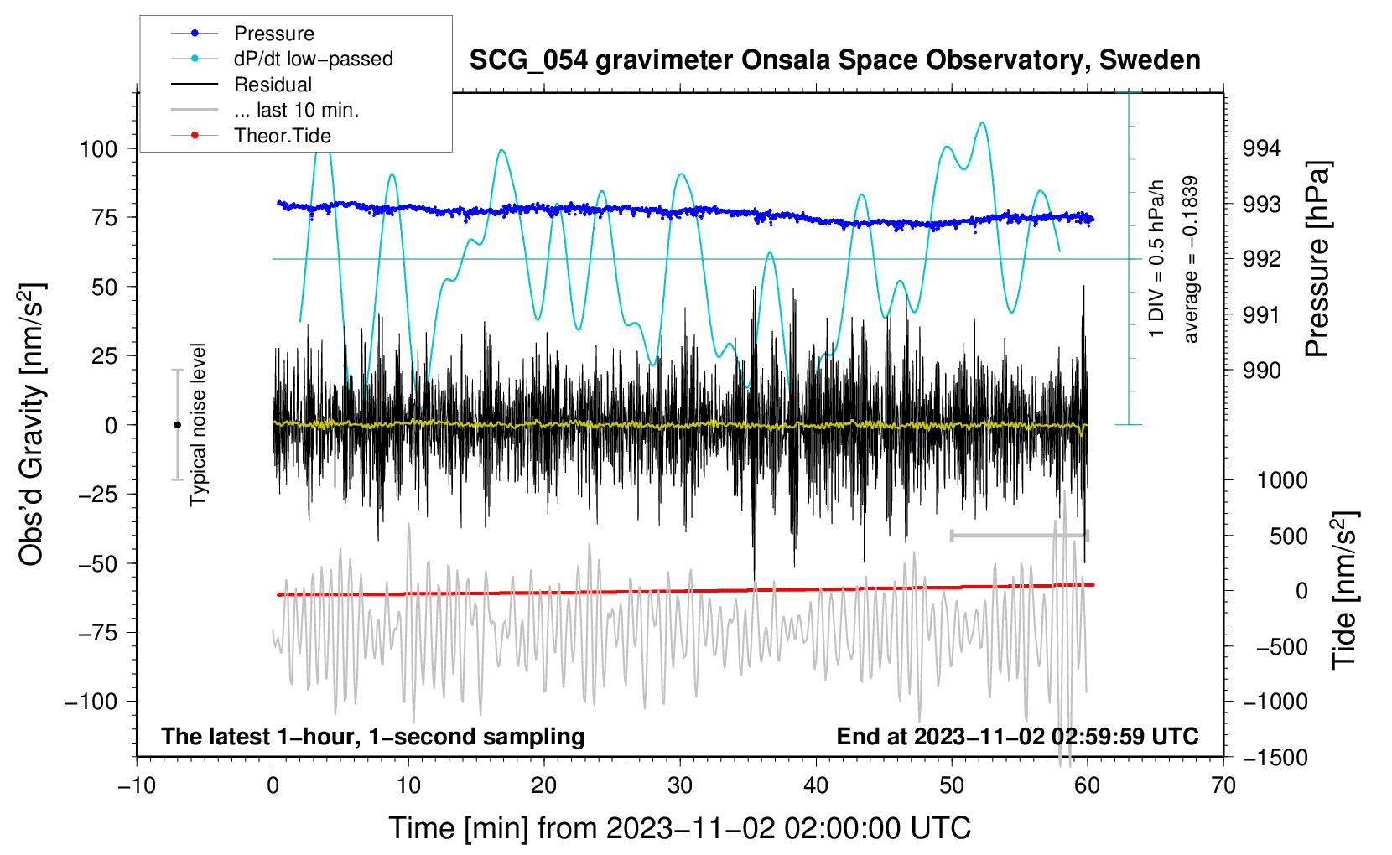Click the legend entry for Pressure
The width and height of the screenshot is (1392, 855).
click(x=243, y=33)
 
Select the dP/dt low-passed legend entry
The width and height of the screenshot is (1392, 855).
click(x=282, y=59)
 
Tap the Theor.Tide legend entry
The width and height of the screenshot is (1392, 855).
click(x=251, y=136)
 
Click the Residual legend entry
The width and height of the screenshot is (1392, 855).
click(x=242, y=85)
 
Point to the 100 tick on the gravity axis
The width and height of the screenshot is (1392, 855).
click(x=99, y=149)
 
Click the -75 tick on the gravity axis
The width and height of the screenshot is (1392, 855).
click(x=97, y=633)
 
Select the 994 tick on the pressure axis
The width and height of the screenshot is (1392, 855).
click(x=1261, y=148)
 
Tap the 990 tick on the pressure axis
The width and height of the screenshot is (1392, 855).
click(x=1261, y=370)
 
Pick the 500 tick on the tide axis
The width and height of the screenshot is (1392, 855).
click(x=1288, y=536)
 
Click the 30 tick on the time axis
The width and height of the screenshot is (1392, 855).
click(x=680, y=785)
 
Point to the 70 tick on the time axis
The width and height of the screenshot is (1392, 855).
click(x=1223, y=785)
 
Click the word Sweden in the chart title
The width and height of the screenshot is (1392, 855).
click(x=1150, y=60)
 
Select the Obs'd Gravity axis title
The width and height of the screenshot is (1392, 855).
click(x=31, y=424)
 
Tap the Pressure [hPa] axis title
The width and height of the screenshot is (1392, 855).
click(x=1317, y=259)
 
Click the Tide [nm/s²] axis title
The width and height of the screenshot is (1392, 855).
click(x=1345, y=590)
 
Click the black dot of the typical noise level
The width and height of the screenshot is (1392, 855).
click(x=177, y=425)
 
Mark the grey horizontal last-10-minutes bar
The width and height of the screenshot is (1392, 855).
click(x=1020, y=535)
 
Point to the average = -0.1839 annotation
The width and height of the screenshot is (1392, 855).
click(x=1190, y=259)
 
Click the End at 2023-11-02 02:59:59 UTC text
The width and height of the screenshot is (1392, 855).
click(x=1017, y=736)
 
